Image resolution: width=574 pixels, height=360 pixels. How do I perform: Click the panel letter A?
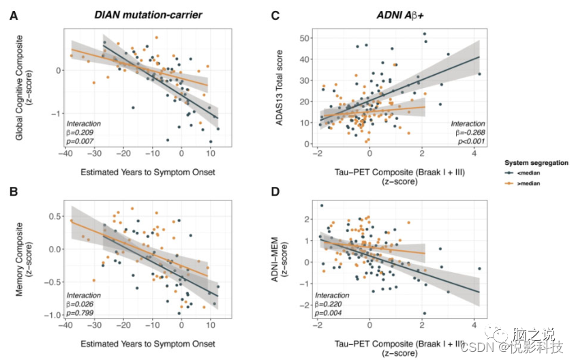point(14,16)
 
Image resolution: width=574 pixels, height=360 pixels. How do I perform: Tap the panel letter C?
point(275,16)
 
